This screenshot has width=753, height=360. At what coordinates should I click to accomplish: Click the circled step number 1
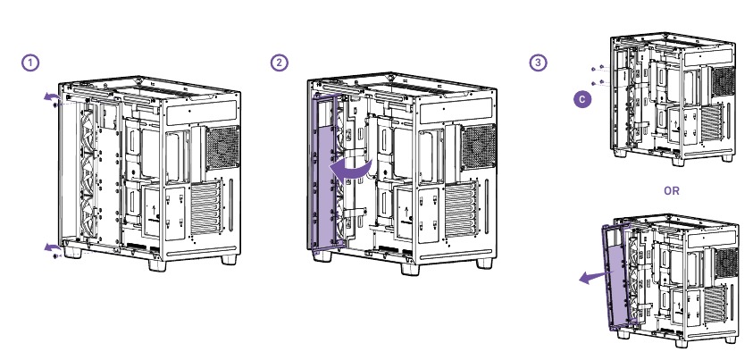31,63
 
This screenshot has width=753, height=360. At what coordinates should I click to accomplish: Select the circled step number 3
537,63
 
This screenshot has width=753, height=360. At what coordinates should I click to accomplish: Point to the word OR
674,190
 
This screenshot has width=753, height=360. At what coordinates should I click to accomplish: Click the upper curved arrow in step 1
53,96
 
